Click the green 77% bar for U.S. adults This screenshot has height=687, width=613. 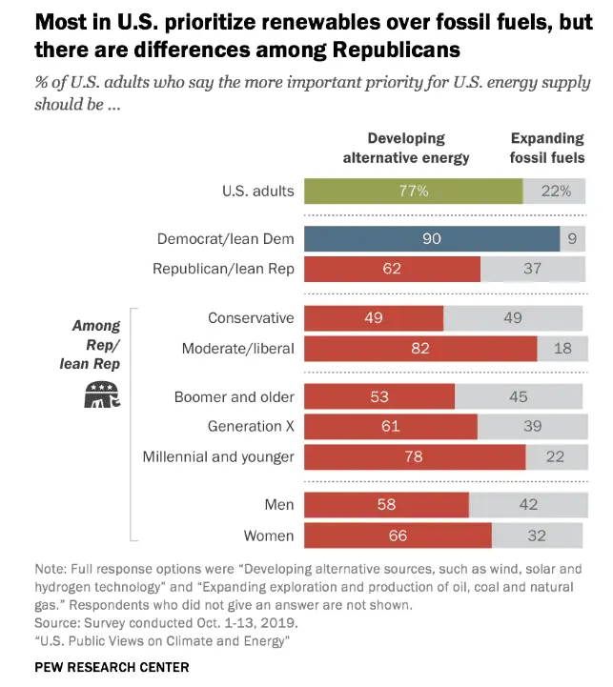[414, 191]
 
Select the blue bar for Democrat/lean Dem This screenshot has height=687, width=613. [432, 238]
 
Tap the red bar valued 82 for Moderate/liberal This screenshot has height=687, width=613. [420, 349]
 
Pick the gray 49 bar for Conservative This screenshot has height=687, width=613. [513, 318]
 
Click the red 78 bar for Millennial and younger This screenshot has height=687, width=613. [415, 456]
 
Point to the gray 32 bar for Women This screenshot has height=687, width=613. [537, 535]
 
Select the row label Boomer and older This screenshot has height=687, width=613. [235, 396]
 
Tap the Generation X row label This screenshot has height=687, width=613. [251, 426]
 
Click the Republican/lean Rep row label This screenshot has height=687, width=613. [223, 269]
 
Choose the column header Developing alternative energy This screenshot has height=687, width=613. [406, 149]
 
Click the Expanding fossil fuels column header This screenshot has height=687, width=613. [547, 149]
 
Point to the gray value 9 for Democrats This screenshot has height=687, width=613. [572, 238]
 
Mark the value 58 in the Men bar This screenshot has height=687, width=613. [385, 504]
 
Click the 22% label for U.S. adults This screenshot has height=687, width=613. [554, 191]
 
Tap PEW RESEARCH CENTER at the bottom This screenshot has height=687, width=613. [112, 667]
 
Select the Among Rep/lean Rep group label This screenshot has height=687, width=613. [95, 344]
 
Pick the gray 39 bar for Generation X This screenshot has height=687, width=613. [530, 426]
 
